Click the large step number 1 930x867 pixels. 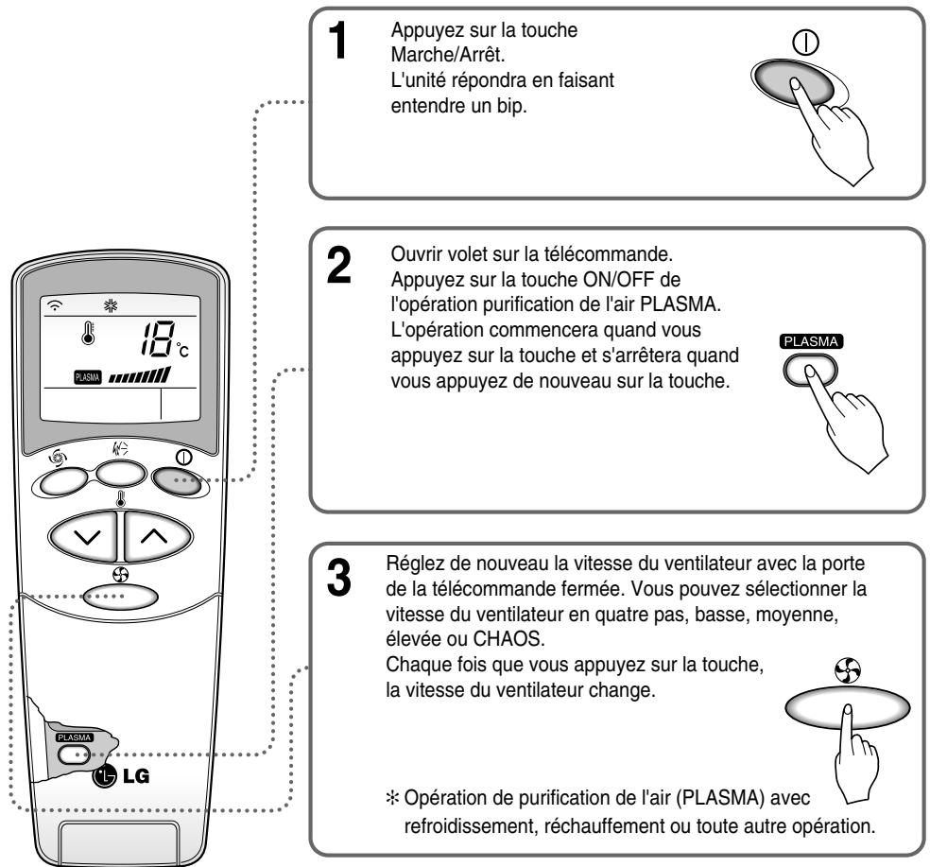click(x=338, y=40)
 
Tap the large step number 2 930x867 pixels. click(x=338, y=265)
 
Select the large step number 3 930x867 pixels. click(x=338, y=578)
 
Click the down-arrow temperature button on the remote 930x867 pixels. click(x=84, y=536)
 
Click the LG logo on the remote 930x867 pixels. click(x=121, y=775)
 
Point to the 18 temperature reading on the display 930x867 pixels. click(x=158, y=338)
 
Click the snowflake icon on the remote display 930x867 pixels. click(x=111, y=305)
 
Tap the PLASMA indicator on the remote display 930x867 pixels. click(x=88, y=377)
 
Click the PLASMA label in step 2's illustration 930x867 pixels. click(x=811, y=341)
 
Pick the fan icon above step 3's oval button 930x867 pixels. click(x=847, y=670)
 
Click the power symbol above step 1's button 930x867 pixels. click(x=806, y=43)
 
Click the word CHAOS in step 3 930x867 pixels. click(x=508, y=639)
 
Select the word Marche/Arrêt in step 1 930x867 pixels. click(x=447, y=55)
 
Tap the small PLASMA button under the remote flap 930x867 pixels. click(x=74, y=754)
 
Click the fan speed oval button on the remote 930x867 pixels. click(x=120, y=596)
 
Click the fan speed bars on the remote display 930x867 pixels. click(x=140, y=375)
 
